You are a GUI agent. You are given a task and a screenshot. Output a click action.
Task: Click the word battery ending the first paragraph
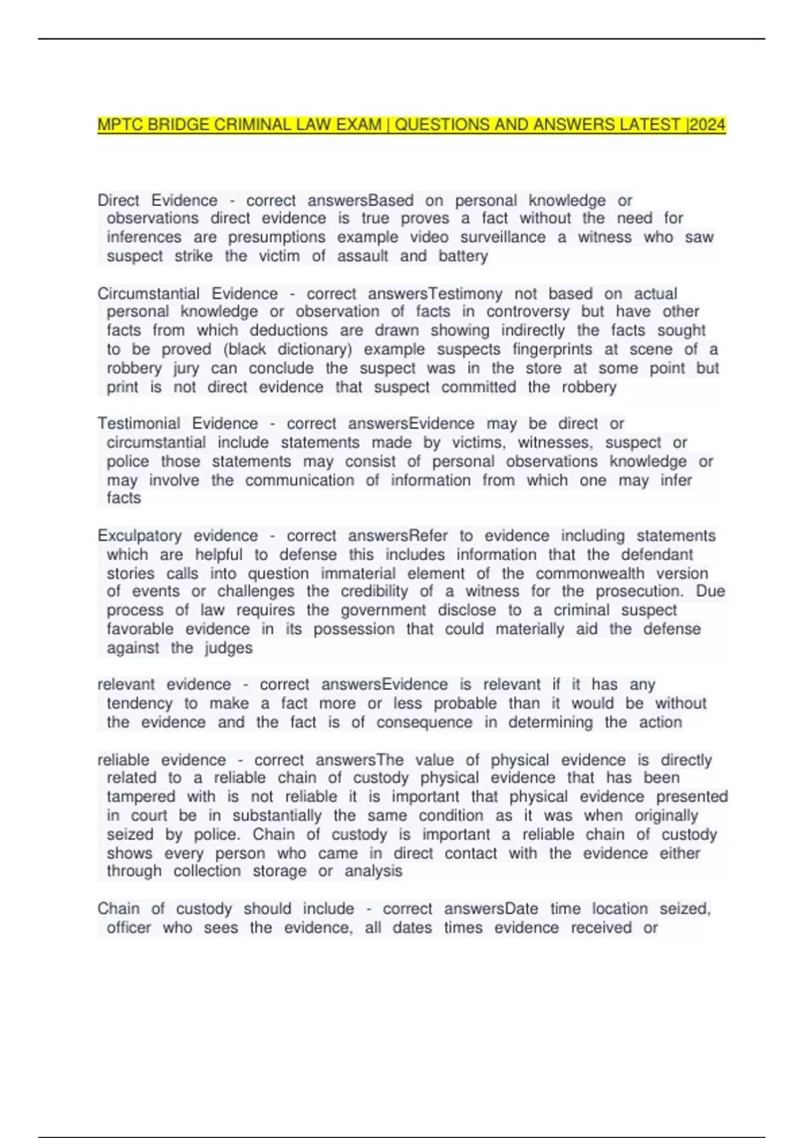[x=463, y=256]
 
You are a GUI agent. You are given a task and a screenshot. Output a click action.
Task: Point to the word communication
[x=299, y=480]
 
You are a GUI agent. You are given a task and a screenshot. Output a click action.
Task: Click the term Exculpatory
[x=139, y=536]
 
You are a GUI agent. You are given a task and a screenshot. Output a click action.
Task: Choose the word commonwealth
[x=590, y=573]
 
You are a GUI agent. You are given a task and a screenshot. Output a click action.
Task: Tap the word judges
[x=228, y=647]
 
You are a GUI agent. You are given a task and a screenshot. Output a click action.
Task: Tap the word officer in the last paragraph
[x=129, y=927]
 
